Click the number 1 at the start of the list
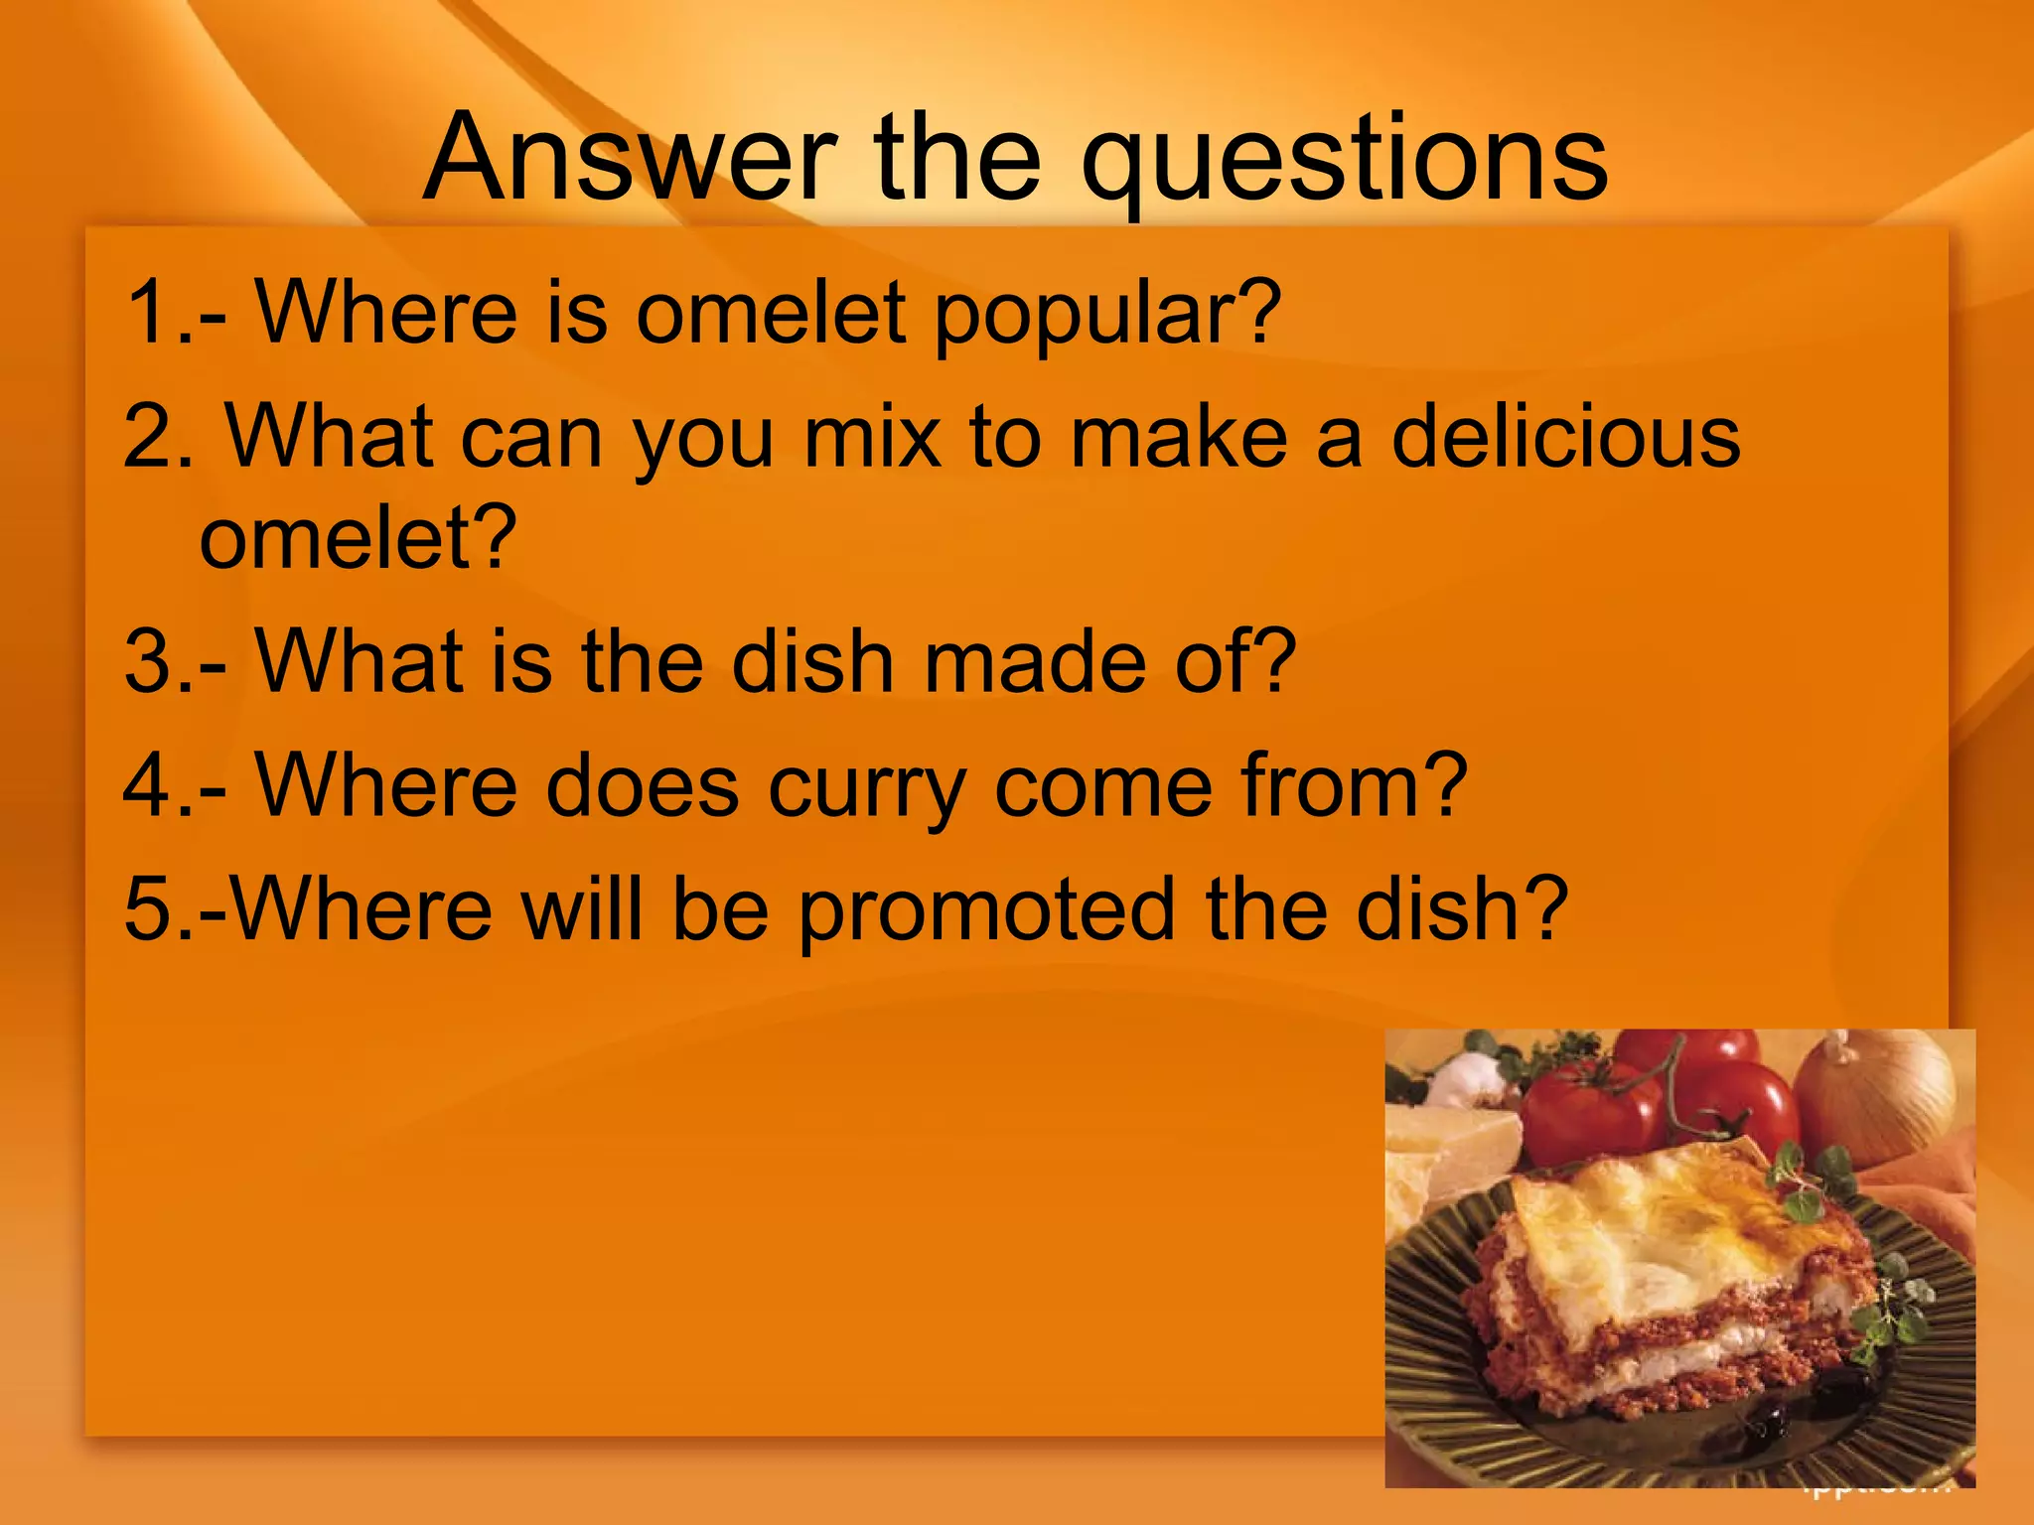tap(147, 314)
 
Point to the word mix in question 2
tap(871, 437)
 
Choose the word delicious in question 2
tap(1565, 437)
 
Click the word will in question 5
tap(582, 909)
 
